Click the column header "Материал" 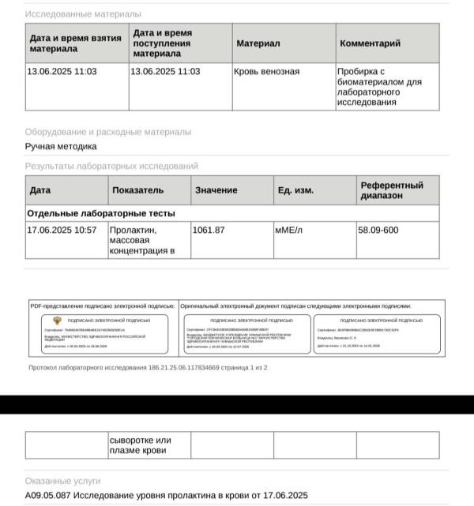[x=258, y=43]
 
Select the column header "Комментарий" [x=370, y=43]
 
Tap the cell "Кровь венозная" [x=266, y=72]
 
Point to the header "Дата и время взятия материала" [x=75, y=43]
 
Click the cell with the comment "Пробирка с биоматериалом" [x=379, y=87]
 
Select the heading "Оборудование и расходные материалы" [x=107, y=132]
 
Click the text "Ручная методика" [x=61, y=146]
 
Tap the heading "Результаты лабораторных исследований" [x=111, y=167]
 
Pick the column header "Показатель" [x=137, y=190]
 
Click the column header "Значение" [x=216, y=190]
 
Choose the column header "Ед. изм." [x=296, y=190]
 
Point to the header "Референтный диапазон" [x=392, y=190]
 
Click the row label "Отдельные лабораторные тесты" [x=101, y=213]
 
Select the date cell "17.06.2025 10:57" [x=62, y=231]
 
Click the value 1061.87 [x=209, y=231]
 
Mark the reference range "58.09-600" [x=378, y=231]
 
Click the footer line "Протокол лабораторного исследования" [x=149, y=368]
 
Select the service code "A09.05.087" [x=51, y=496]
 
